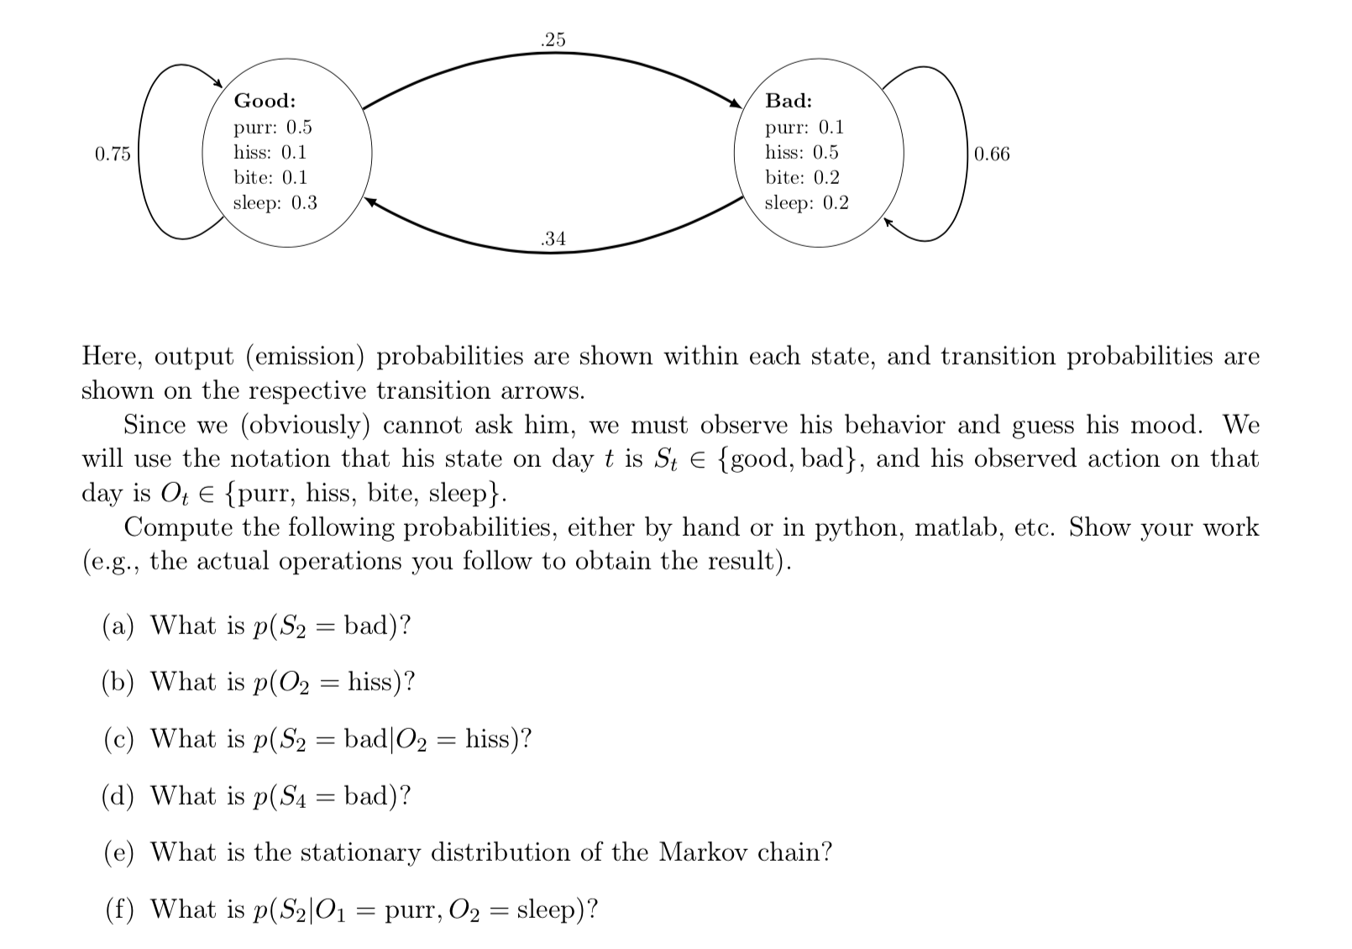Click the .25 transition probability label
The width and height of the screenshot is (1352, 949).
click(x=553, y=39)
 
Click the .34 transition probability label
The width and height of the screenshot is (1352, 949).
click(x=553, y=239)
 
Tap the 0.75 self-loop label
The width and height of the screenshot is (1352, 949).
click(x=113, y=154)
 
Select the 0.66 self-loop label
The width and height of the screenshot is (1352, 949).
click(x=992, y=154)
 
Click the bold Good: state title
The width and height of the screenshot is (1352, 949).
click(x=265, y=101)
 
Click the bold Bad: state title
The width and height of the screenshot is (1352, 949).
click(x=789, y=101)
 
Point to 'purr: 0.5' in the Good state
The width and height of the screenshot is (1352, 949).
click(x=272, y=127)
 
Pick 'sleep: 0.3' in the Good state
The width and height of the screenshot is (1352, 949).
click(x=275, y=202)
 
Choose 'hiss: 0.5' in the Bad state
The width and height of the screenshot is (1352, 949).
click(x=801, y=152)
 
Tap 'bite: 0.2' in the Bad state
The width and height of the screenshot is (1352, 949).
click(x=802, y=177)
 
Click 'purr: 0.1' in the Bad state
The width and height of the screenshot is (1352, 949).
click(x=804, y=127)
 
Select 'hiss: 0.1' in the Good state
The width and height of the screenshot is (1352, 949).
click(x=270, y=152)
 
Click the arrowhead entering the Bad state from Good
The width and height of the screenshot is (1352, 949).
click(x=736, y=103)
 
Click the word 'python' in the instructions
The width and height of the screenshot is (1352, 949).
click(x=857, y=528)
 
